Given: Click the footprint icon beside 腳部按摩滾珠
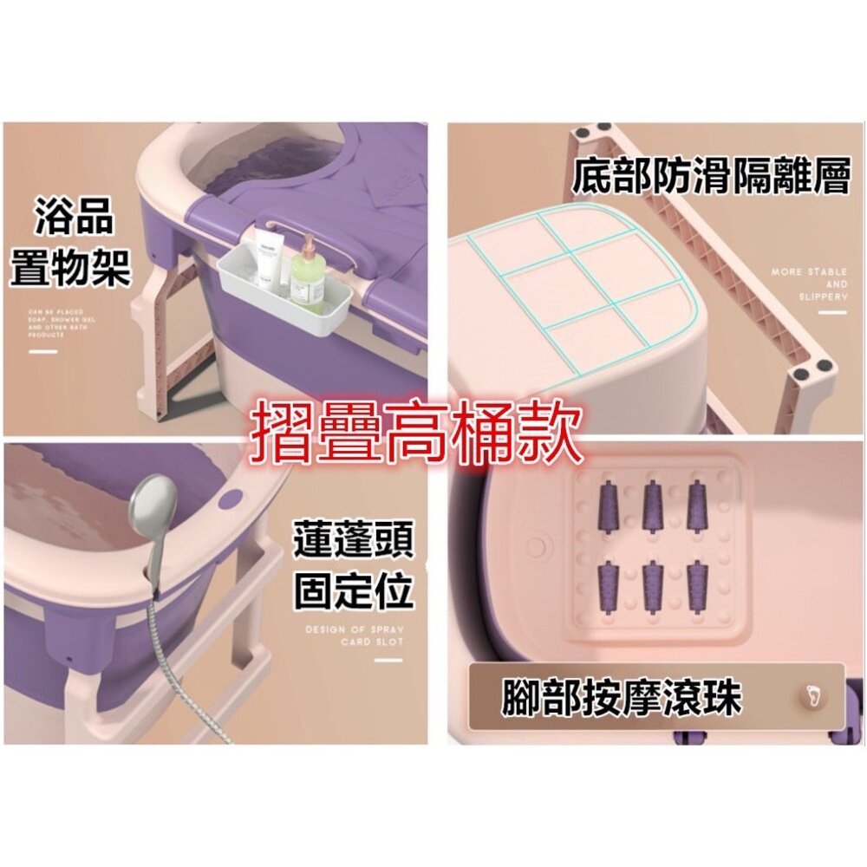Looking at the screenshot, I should (x=812, y=695).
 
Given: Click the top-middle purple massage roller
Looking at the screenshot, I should (x=653, y=507).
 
